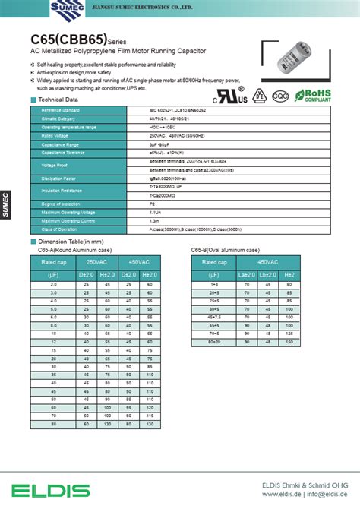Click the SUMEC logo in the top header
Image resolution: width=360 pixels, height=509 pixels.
click(66, 8)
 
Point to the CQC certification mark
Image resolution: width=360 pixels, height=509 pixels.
click(279, 97)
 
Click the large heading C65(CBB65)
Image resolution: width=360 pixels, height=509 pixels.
click(68, 37)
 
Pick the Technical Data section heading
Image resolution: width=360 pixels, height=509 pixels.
click(58, 100)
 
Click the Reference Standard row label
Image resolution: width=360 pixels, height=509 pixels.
click(62, 111)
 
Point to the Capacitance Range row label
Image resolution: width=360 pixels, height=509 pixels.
click(62, 144)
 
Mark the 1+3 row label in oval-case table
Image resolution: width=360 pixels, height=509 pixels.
click(215, 283)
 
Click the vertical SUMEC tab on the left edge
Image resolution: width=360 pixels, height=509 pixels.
click(5, 205)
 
